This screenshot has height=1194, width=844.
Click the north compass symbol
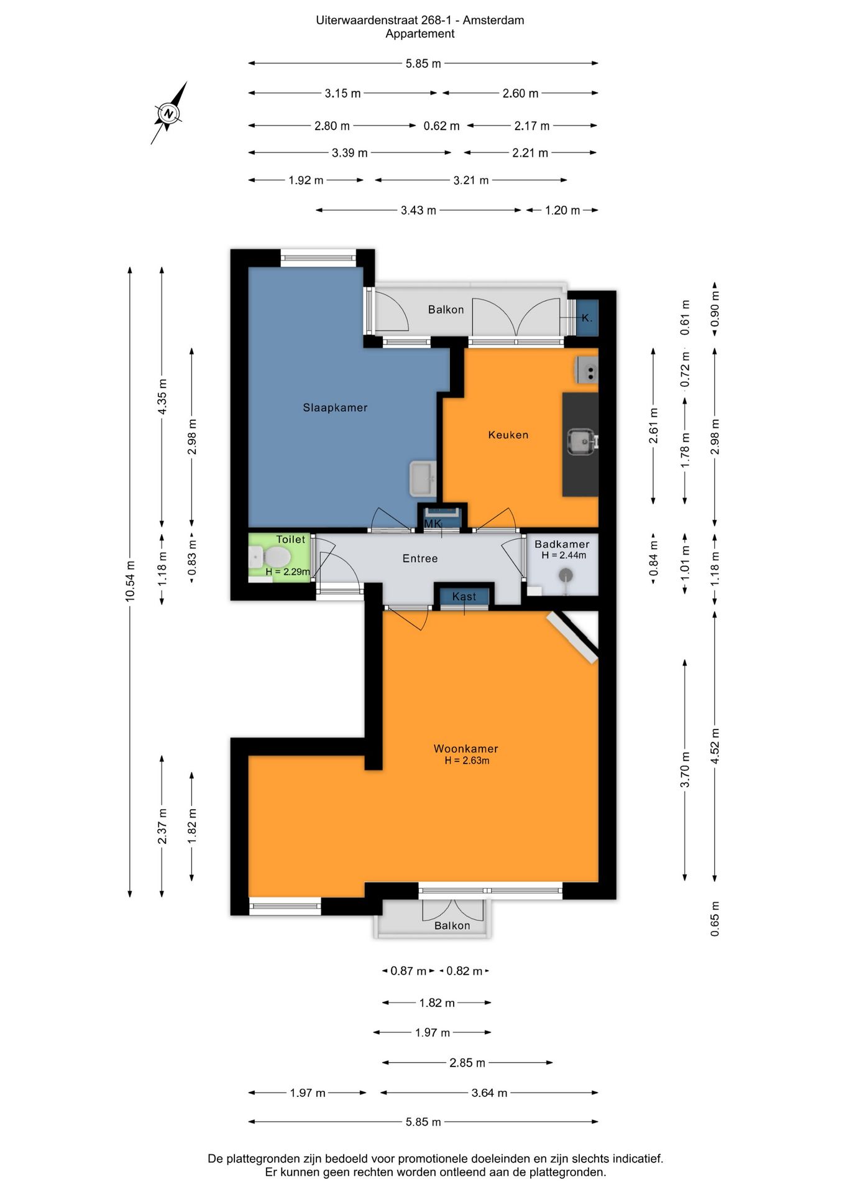pyautogui.click(x=168, y=113)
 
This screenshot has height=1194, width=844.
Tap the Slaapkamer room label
pyautogui.click(x=335, y=408)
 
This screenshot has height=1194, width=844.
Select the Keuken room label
pyautogui.click(x=508, y=435)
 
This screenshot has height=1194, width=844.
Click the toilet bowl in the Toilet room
pyautogui.click(x=272, y=558)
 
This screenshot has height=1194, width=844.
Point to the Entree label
pyautogui.click(x=420, y=558)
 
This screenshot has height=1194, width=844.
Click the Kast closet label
pyautogui.click(x=464, y=596)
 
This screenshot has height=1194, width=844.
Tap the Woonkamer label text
pyautogui.click(x=466, y=749)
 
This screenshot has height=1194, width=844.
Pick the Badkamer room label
pyautogui.click(x=562, y=544)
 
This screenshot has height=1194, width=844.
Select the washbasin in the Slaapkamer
pyautogui.click(x=423, y=479)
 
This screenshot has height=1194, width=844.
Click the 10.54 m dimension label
pyautogui.click(x=130, y=581)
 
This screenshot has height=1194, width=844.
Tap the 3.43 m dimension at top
pyautogui.click(x=418, y=210)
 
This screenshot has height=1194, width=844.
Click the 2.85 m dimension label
pyautogui.click(x=467, y=1063)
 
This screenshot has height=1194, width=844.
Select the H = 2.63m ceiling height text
pyautogui.click(x=467, y=761)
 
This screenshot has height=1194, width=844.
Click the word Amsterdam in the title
pyautogui.click(x=493, y=21)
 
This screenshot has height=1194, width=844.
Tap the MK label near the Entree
pyautogui.click(x=433, y=524)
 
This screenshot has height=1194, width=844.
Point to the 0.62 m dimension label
pyautogui.click(x=441, y=126)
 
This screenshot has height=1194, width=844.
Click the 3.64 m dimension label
pyautogui.click(x=489, y=1093)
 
